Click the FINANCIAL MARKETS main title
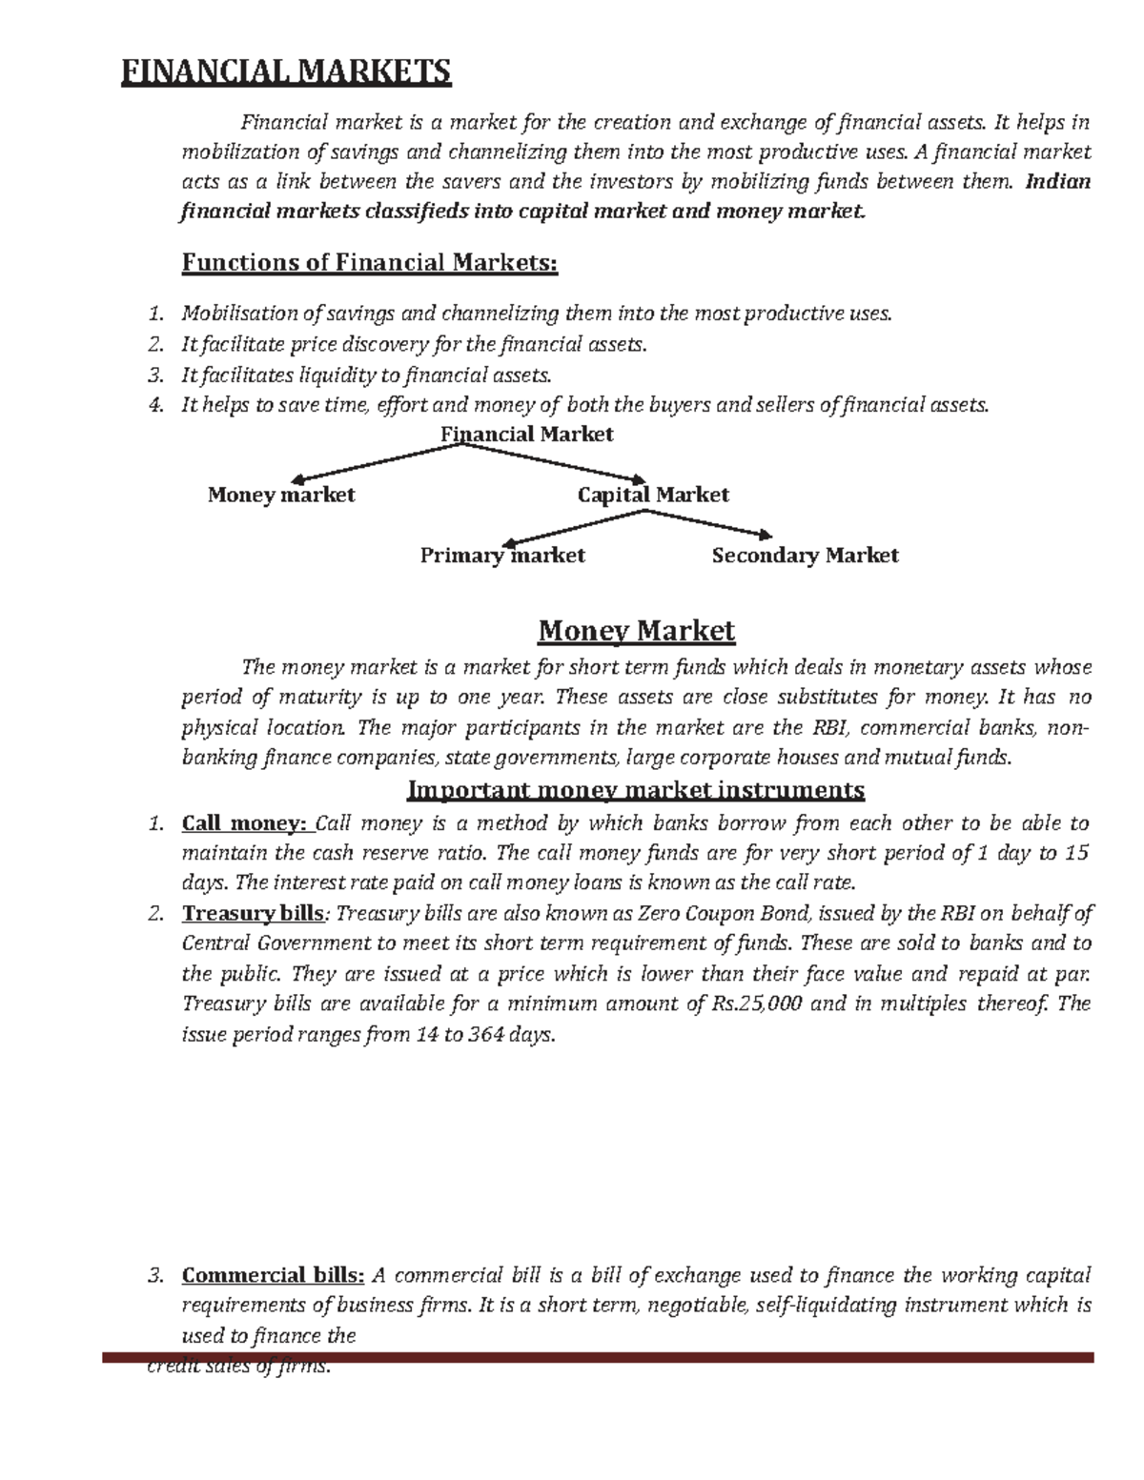pos(285,72)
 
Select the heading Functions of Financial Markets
pos(369,262)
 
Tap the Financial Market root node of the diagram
pos(526,435)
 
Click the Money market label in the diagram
pos(281,495)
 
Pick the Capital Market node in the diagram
pos(653,495)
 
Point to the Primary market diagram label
pos(502,556)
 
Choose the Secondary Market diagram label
pos(805,556)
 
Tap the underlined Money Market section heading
pos(636,631)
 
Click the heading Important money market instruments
pos(636,790)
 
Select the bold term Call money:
pos(246,823)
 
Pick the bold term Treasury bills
pos(253,914)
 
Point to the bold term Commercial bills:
pos(273,1276)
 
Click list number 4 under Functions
pos(156,405)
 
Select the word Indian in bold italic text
pos(1057,182)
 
